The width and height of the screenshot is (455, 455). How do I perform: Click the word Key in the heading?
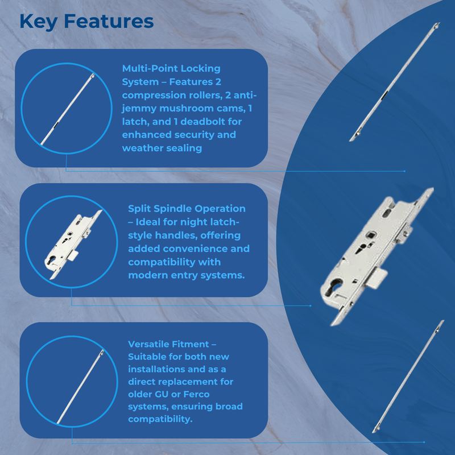[x=38, y=22]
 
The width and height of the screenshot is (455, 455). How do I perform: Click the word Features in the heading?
[x=109, y=21]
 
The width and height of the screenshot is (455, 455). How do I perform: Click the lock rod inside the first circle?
[x=68, y=109]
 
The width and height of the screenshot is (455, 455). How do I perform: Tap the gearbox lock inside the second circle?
[x=73, y=245]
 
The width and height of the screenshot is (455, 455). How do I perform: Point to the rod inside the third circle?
[x=80, y=387]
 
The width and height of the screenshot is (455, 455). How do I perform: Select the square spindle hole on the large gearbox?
[x=371, y=234]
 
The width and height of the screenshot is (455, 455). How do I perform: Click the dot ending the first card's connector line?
[x=404, y=171]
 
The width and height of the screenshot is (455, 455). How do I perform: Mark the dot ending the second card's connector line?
[x=311, y=305]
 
